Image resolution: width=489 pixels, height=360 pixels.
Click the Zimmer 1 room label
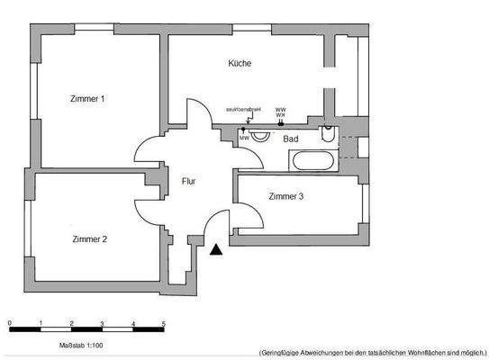pyautogui.click(x=88, y=99)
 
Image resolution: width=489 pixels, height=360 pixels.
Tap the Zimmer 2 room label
pyautogui.click(x=90, y=238)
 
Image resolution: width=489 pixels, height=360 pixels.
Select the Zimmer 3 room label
pyautogui.click(x=285, y=196)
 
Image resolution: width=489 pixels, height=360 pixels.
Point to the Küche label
pyautogui.click(x=240, y=64)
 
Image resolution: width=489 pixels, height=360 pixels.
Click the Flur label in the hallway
pyautogui.click(x=189, y=181)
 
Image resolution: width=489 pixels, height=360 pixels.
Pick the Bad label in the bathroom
pyautogui.click(x=291, y=139)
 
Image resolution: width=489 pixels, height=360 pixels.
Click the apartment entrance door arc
pyautogui.click(x=218, y=225)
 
